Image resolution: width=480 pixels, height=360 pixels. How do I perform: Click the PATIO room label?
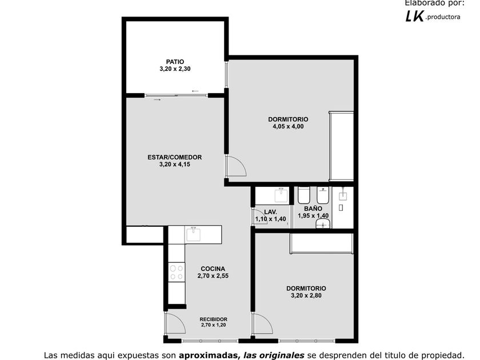pos(175,62)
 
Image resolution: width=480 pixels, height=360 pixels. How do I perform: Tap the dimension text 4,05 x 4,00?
pos(288,126)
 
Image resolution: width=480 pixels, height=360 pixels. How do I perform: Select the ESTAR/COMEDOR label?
pos(175,157)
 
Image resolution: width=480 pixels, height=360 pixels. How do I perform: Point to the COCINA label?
pos(213,269)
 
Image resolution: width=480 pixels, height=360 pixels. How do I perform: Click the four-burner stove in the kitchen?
pos(177,273)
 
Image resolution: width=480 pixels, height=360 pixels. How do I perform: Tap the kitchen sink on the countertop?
pos(194,234)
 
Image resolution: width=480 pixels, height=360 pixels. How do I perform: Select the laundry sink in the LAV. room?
pos(281,195)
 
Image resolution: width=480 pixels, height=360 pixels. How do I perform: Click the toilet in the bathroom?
pos(304,195)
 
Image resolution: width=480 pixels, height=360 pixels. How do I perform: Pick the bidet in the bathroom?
pos(323,195)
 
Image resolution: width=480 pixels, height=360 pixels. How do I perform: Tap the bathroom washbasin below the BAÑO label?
pos(323,224)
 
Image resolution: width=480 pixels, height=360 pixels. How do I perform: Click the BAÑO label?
pos(313,209)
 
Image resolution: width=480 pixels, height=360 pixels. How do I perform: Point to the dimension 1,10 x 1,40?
pos(271,219)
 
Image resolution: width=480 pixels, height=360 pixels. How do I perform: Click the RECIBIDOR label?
pos(213,319)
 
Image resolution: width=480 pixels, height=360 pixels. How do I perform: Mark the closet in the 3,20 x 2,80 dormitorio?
pos(321,243)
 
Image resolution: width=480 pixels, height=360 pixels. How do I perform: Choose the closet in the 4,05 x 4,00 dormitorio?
pos(341,146)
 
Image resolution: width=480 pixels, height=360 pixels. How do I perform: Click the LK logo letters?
pos(414,16)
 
